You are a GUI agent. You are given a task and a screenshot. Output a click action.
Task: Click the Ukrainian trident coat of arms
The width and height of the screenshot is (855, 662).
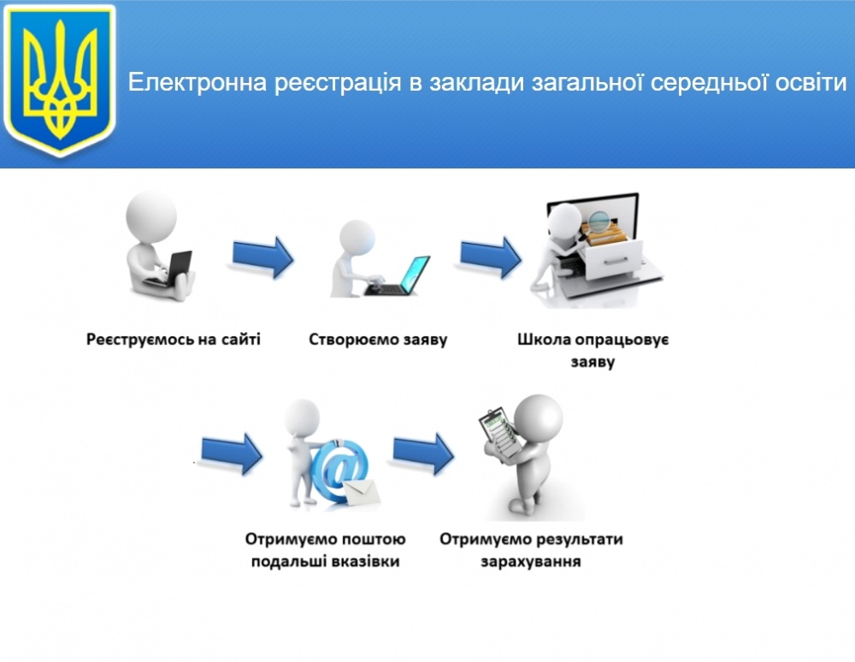[x=60, y=80]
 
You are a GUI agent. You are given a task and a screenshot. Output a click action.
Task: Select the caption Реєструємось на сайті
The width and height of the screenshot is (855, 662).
[x=174, y=340]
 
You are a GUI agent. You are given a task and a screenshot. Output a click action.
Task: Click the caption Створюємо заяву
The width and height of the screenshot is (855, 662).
[x=378, y=340]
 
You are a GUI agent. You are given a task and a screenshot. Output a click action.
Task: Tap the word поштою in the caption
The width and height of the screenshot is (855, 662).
[x=374, y=540]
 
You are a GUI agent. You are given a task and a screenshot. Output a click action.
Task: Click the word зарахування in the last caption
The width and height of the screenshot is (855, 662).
[x=531, y=562]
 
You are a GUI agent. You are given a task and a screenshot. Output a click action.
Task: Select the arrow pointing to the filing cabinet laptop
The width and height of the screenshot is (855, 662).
[x=491, y=257]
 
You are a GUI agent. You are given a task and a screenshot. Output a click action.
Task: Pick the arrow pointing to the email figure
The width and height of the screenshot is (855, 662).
[x=232, y=453]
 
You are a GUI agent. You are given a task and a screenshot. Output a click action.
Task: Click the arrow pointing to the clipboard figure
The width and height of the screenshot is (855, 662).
[x=423, y=453]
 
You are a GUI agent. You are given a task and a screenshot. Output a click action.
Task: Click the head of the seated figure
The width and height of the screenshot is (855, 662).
[x=151, y=216]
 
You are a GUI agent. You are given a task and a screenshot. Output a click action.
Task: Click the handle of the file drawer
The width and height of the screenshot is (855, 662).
[x=616, y=263]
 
